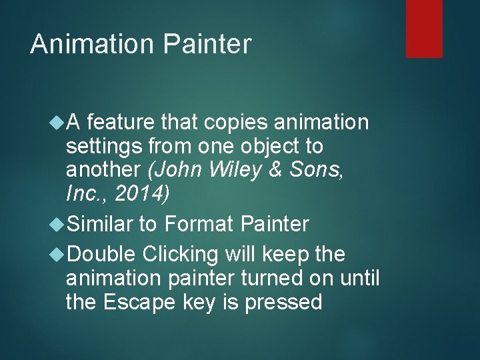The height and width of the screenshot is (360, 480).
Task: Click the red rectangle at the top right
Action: pos(424,28)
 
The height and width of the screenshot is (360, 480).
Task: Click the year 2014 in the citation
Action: pos(141,193)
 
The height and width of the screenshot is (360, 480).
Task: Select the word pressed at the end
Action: pos(284,302)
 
